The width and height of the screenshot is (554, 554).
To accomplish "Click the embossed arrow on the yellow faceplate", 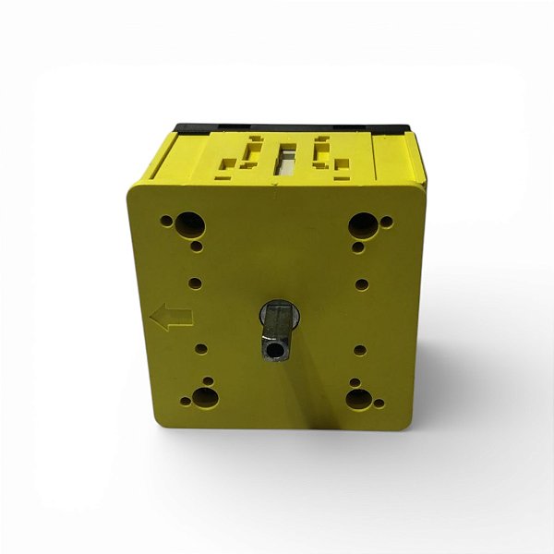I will click(171, 318).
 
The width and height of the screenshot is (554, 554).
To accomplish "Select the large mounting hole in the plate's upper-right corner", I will click(363, 224).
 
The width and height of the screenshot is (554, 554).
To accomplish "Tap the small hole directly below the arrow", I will click(200, 348).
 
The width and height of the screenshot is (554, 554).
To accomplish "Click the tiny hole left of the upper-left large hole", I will click(166, 222).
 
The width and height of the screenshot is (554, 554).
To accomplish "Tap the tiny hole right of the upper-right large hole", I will click(386, 223).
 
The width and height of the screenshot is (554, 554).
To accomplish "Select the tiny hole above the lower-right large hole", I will click(355, 380).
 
